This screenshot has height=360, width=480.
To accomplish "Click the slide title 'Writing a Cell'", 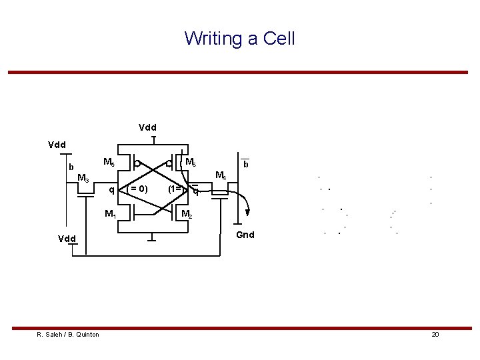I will (239, 38).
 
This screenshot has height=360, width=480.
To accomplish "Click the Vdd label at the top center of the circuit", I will (148, 127).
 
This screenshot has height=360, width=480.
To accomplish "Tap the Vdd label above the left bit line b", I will (57, 143).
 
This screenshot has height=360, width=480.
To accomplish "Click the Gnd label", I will (246, 235).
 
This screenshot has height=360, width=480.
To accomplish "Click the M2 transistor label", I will (187, 214).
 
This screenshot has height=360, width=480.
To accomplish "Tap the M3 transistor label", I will (83, 178).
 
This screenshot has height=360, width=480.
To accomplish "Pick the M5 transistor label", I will (109, 162).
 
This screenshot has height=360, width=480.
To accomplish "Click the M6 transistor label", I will (190, 162).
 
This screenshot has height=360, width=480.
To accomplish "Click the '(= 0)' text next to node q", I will (138, 189).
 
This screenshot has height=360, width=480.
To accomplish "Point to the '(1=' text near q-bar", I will (177, 189).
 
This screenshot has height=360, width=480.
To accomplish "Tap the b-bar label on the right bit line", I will (246, 163).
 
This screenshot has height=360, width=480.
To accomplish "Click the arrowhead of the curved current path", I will (247, 213).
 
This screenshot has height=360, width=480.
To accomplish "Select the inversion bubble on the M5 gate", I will (137, 163).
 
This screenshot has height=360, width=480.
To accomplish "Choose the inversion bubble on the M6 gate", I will (169, 163).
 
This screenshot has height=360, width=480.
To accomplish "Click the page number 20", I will (435, 334).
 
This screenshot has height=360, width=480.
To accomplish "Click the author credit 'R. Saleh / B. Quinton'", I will (68, 334).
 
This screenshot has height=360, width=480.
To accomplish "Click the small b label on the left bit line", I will (71, 167).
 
